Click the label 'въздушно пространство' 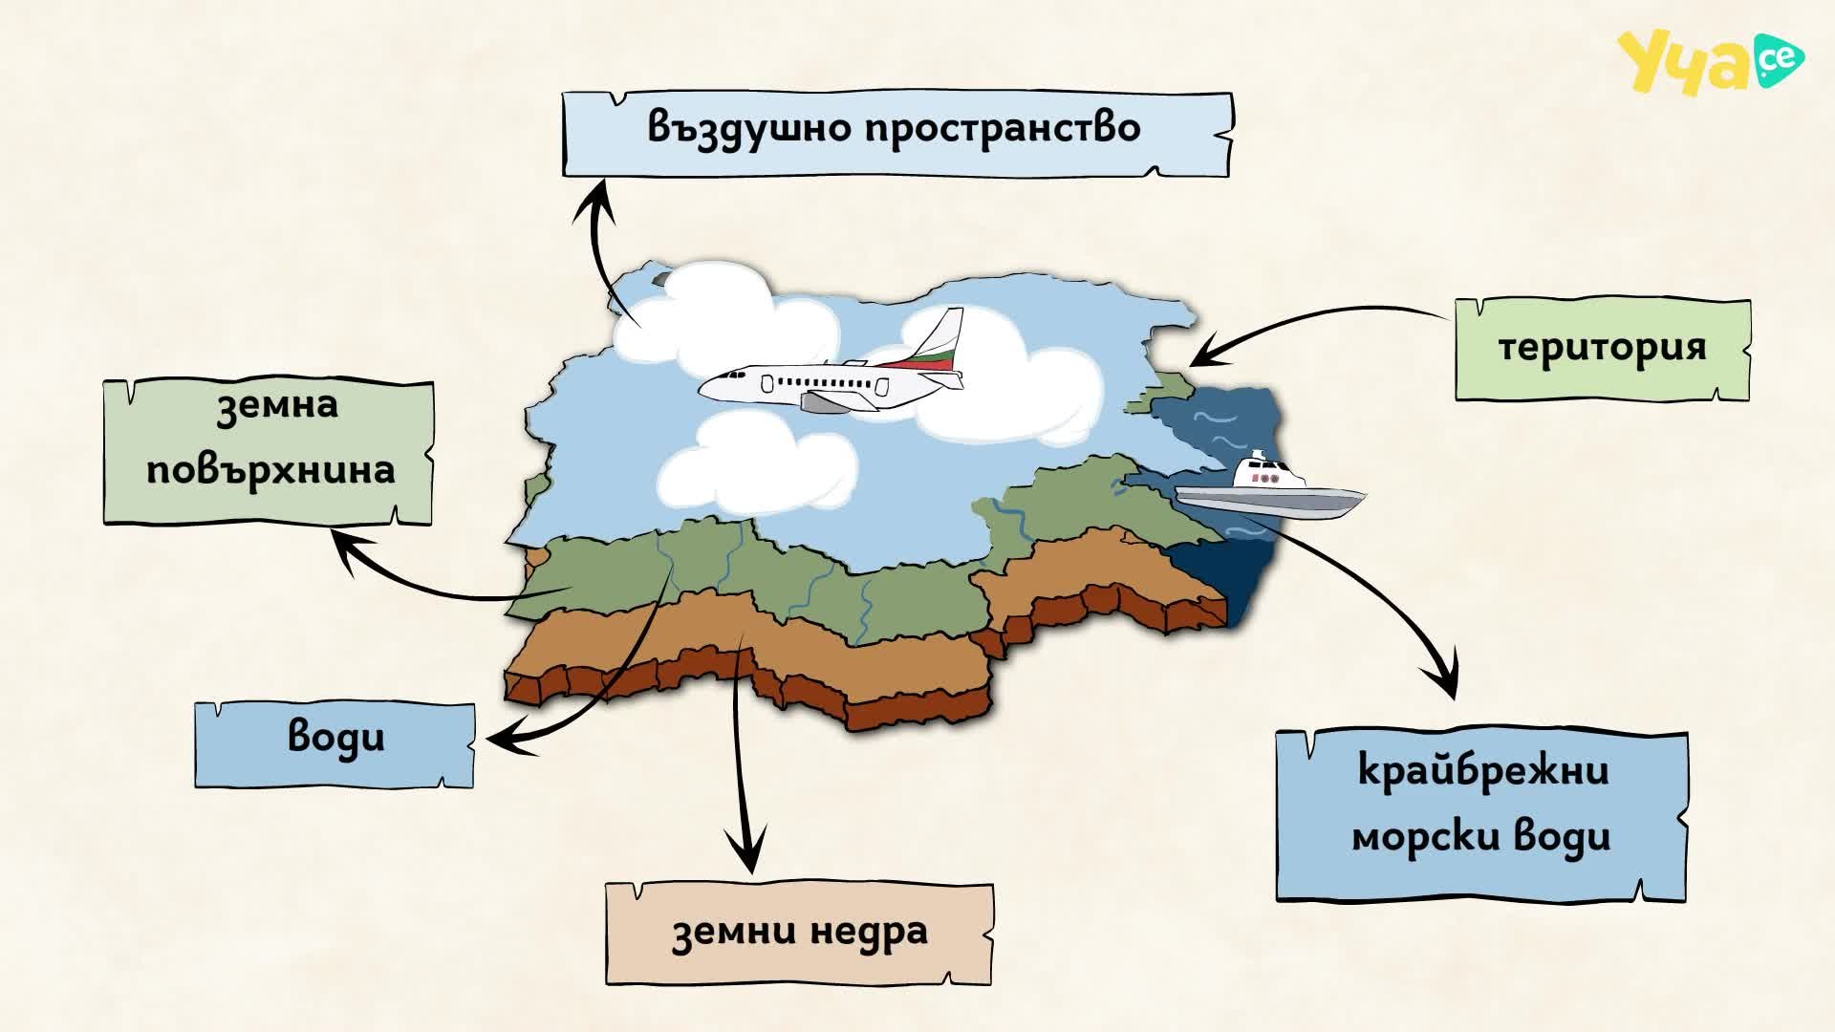(895, 127)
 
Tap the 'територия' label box (1603, 349)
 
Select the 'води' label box (335, 744)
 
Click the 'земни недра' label (799, 934)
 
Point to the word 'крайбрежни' (1483, 770)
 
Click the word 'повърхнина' (270, 470)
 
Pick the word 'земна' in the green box (277, 405)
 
